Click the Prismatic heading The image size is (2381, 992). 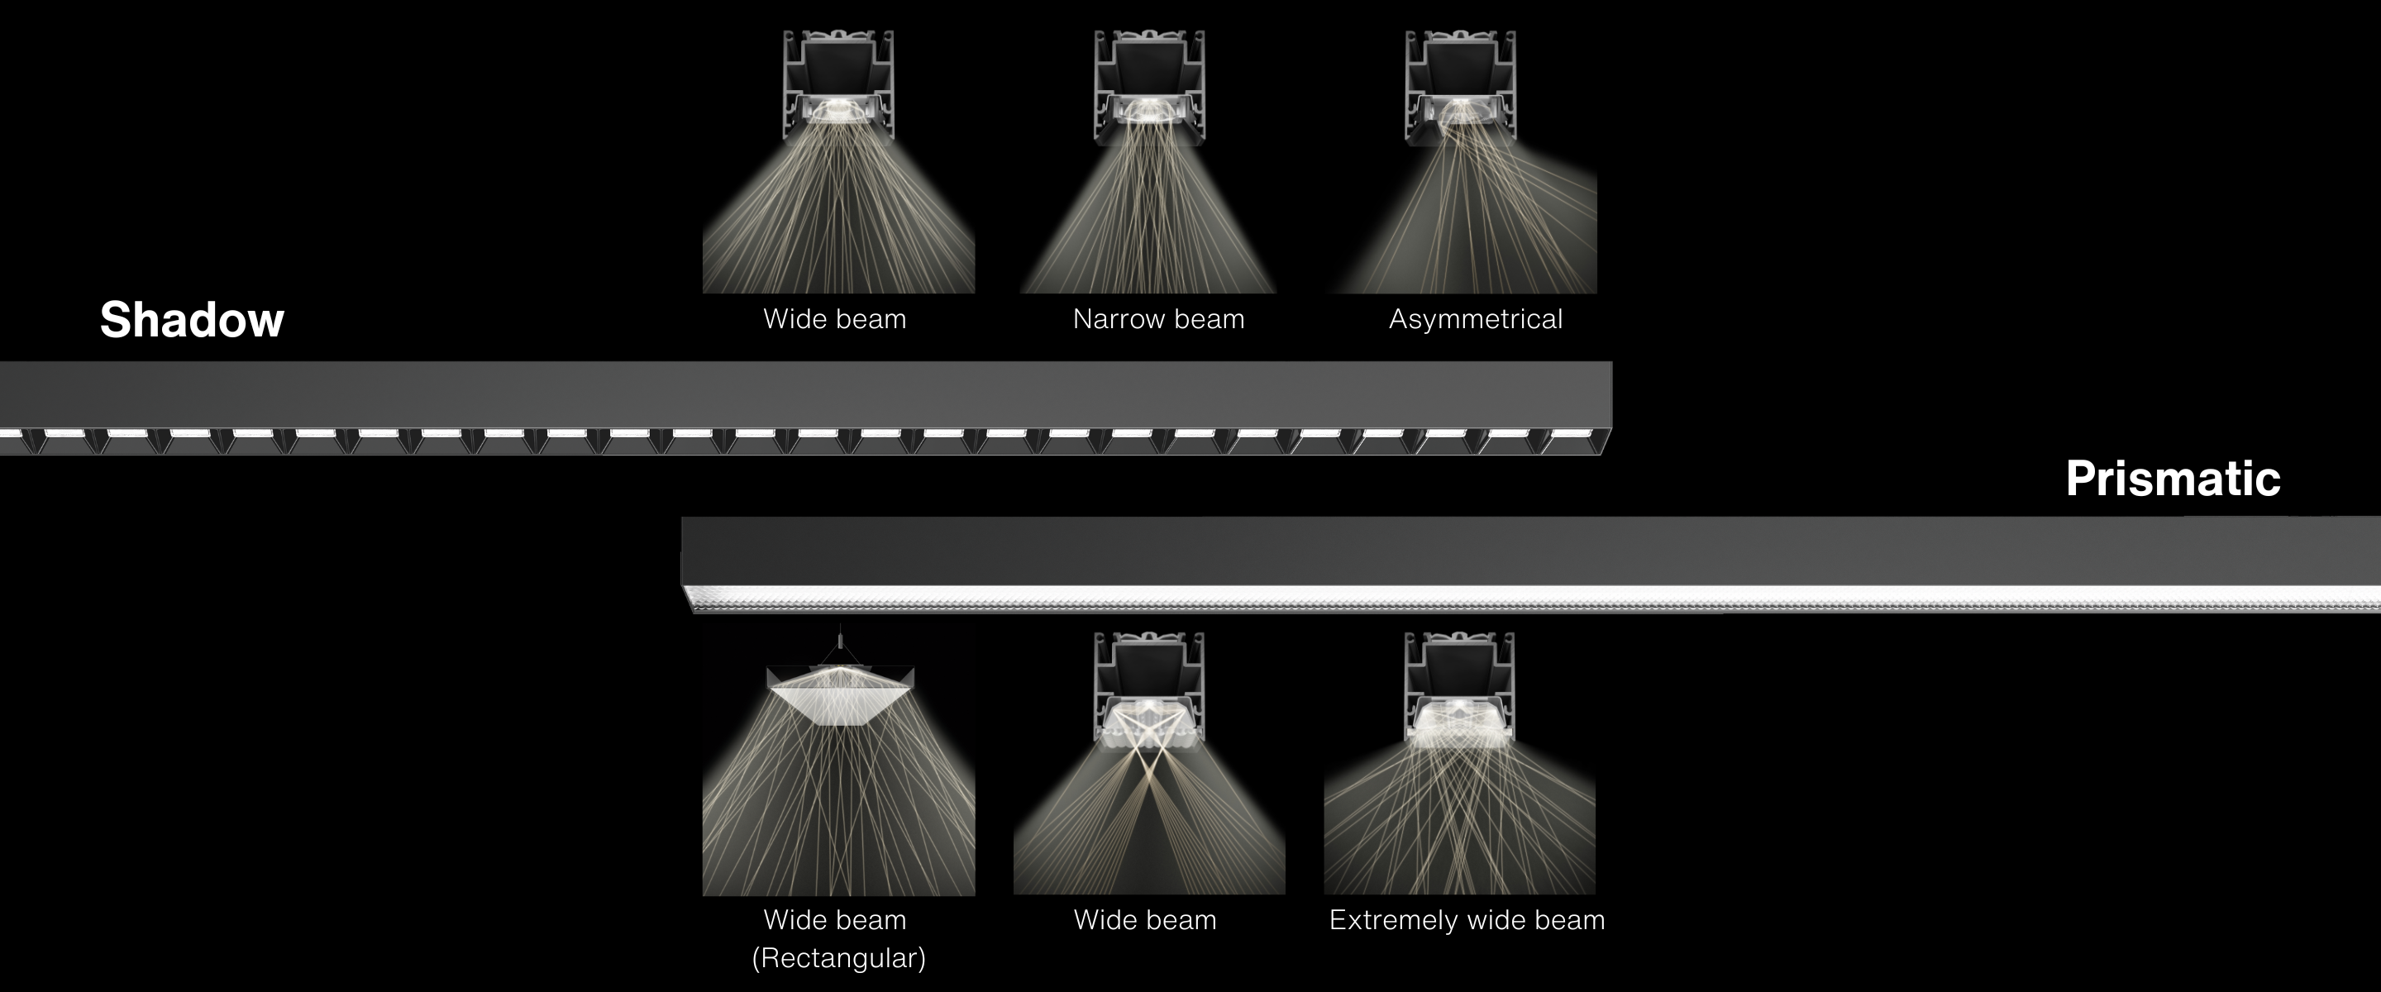(x=2173, y=479)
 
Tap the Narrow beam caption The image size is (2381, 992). (x=1158, y=319)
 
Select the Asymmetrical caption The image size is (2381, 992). (x=1475, y=320)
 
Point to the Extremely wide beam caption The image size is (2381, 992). (x=1467, y=921)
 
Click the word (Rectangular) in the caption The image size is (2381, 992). (x=838, y=959)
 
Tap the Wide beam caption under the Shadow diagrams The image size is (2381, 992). (x=835, y=319)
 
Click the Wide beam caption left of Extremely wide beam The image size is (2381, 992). (x=1145, y=920)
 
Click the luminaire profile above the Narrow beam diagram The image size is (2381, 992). (x=1149, y=88)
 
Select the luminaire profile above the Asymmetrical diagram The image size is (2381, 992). (x=1460, y=88)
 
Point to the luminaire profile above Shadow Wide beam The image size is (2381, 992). (x=838, y=88)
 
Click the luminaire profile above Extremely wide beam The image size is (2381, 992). (x=1459, y=689)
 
